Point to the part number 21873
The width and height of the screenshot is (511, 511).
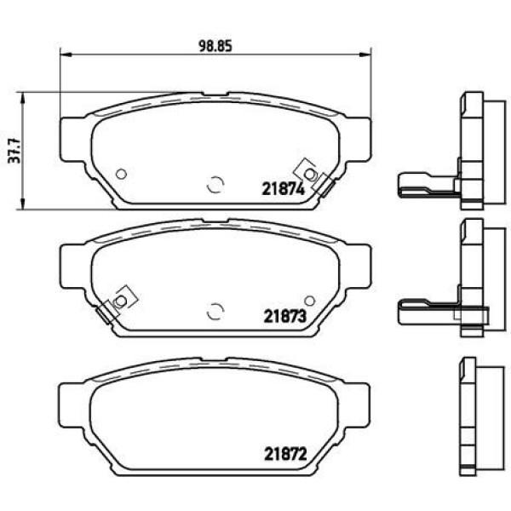click(282, 314)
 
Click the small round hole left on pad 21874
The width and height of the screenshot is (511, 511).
click(121, 174)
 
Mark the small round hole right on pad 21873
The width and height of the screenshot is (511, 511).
click(309, 301)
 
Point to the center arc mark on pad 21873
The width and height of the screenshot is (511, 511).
click(215, 311)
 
